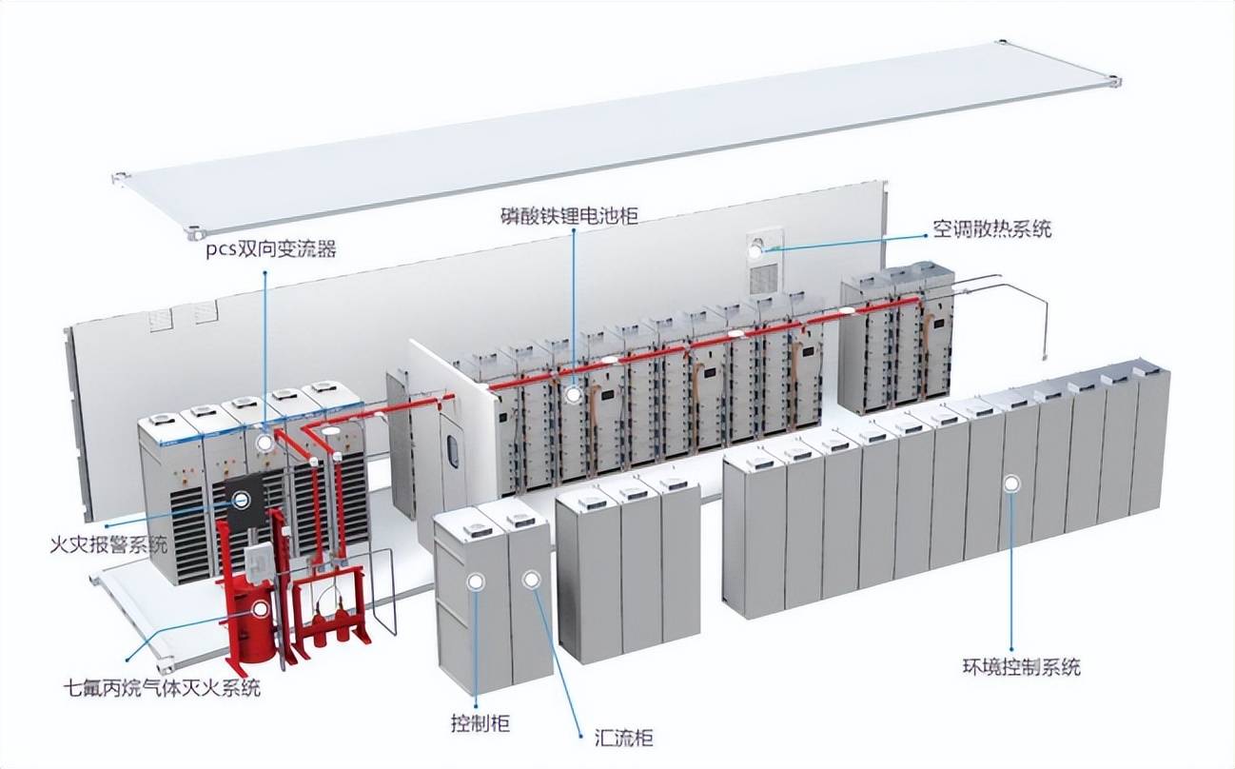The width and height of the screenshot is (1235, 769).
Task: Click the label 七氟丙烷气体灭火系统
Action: click(x=161, y=687)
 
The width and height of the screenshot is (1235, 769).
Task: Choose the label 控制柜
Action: click(x=480, y=722)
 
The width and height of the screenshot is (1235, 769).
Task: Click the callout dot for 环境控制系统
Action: click(x=1010, y=483)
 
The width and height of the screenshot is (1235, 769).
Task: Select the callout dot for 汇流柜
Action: click(x=529, y=579)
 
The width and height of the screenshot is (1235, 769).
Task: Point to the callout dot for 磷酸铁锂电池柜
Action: click(x=573, y=392)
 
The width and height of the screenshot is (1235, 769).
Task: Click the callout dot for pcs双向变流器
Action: click(x=265, y=444)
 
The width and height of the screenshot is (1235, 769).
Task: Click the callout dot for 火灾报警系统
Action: click(x=244, y=499)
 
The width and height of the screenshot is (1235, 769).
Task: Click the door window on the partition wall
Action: click(x=453, y=449)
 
